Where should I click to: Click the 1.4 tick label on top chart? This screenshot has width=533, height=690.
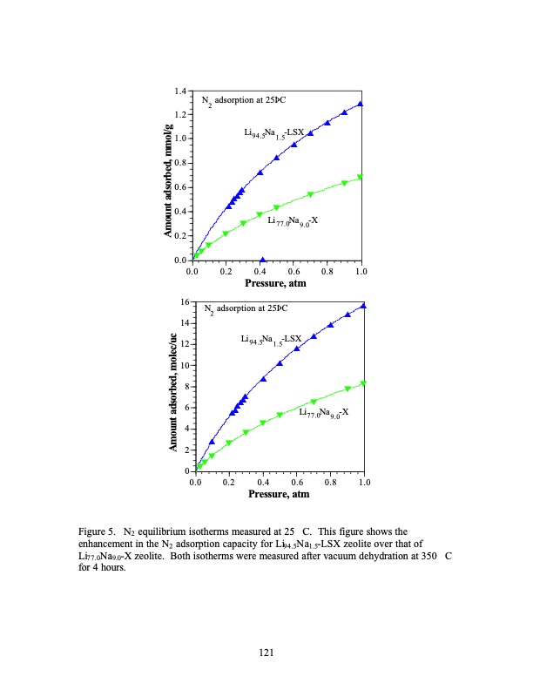[x=181, y=91]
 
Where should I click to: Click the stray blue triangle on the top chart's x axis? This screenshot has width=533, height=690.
[x=263, y=259]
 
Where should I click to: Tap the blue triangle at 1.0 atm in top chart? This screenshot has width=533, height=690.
[x=361, y=104]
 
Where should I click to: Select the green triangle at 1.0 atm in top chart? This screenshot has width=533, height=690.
[x=361, y=177]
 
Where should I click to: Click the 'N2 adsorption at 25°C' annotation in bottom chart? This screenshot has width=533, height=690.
[x=245, y=309]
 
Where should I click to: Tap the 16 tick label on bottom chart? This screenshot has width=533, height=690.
[x=184, y=301]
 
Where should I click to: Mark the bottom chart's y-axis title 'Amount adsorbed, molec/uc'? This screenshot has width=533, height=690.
[x=173, y=386]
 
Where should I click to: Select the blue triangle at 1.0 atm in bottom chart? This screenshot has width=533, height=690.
[x=363, y=306]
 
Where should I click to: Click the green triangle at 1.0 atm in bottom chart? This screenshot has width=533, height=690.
[x=363, y=383]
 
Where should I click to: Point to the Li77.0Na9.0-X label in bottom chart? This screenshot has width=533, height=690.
[x=323, y=411]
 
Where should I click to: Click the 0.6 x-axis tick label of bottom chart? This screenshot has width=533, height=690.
[x=297, y=482]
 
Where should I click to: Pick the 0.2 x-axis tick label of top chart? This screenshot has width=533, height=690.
[x=226, y=271]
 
